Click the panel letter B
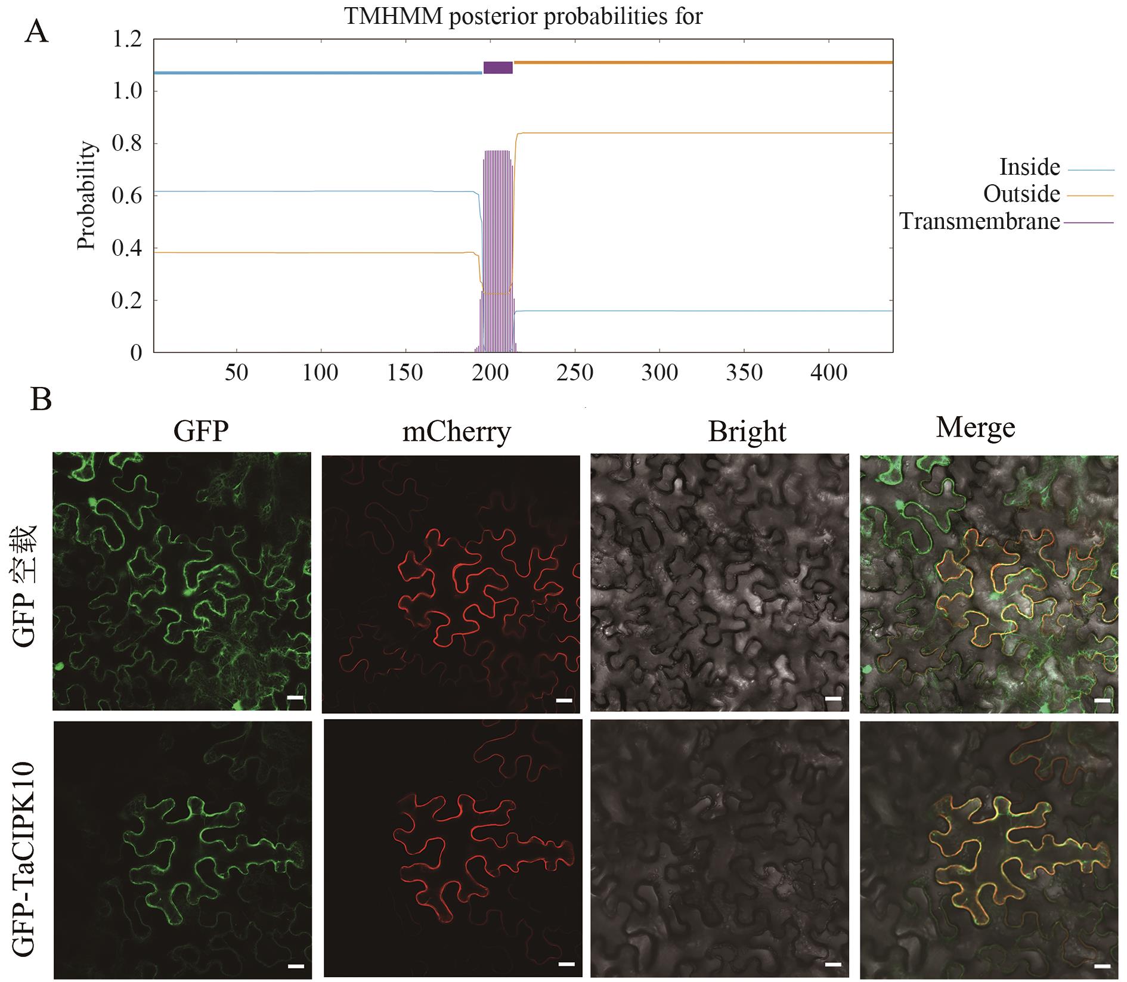pos(41,400)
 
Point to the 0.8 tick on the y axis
pos(127,144)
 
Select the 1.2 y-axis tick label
pos(127,39)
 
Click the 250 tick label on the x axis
pos(576,373)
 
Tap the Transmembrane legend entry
pos(1007,222)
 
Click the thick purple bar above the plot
pos(498,67)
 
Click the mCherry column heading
pos(457,431)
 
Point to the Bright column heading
pos(747,432)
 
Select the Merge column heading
pos(976,428)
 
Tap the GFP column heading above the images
pos(201,430)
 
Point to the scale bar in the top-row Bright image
pos(834,698)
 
